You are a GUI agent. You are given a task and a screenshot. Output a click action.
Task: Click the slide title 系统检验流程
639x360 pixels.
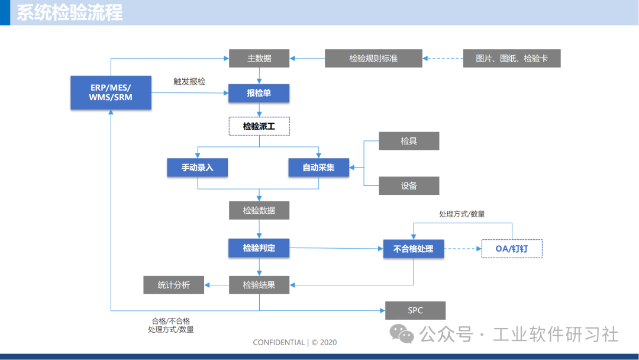coord(70,12)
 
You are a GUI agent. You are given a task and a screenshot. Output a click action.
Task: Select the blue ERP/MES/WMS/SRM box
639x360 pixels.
coord(111,92)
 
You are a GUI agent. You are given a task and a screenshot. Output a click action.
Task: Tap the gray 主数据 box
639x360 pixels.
coord(259,59)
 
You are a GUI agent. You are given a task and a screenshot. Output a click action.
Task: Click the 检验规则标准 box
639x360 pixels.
coord(373,59)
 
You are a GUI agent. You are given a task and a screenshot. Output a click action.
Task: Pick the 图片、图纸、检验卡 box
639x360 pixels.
coord(512,59)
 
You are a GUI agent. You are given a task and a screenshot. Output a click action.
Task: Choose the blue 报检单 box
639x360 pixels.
coord(259,93)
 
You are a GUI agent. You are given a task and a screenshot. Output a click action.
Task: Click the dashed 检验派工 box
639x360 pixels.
coord(259,126)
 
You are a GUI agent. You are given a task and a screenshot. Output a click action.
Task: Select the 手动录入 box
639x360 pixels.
coord(198,168)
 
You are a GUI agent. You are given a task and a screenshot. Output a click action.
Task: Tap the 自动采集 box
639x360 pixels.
coord(318,168)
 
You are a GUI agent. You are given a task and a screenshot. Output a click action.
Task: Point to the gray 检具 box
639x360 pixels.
coord(409,141)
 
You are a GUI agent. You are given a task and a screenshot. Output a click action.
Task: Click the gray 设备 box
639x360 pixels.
coord(409,185)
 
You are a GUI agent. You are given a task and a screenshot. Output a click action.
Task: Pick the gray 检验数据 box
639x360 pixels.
coord(259,210)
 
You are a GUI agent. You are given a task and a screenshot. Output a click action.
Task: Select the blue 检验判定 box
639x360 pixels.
coord(259,248)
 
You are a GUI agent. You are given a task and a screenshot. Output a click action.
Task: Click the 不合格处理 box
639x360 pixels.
coord(414,249)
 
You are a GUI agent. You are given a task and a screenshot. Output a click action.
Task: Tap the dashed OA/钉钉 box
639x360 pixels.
coord(512,249)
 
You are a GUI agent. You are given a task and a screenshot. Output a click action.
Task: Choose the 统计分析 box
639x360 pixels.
coord(174,285)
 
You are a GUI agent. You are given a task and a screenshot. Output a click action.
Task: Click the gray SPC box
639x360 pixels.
coord(415,310)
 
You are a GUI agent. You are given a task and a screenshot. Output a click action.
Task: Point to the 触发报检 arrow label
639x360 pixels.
coord(189,82)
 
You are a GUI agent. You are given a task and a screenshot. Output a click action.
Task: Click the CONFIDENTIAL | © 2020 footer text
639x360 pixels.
coord(295,342)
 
